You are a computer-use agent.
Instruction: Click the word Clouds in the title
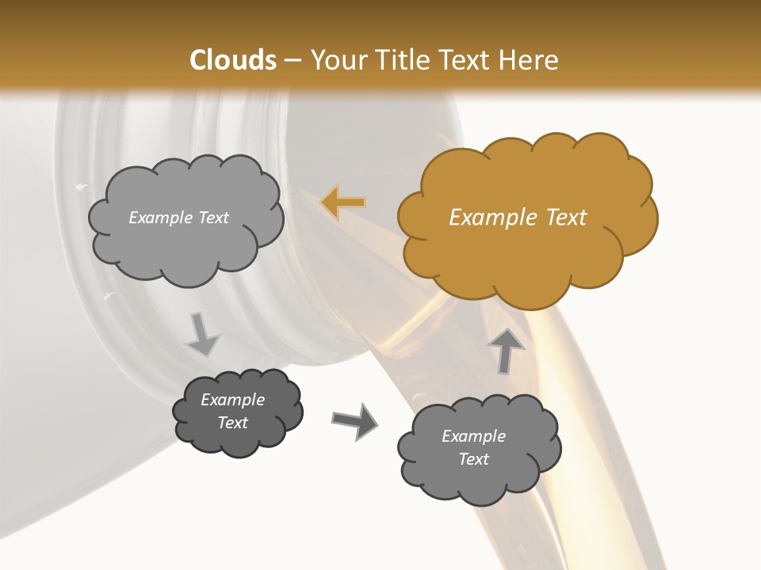coord(233,60)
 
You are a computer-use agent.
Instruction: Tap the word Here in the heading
coord(530,60)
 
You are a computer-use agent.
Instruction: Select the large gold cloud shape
coord(526,217)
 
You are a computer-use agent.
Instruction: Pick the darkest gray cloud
coord(237,411)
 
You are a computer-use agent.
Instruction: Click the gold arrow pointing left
coord(344,203)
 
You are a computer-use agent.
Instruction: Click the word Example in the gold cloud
coord(488,218)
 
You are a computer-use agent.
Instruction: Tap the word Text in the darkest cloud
coord(233,423)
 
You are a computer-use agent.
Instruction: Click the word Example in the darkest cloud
coord(233,400)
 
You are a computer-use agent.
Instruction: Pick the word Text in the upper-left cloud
coord(212,218)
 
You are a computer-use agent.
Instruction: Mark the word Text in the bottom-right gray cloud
coord(473,459)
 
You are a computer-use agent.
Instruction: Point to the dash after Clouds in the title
coord(292,61)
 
